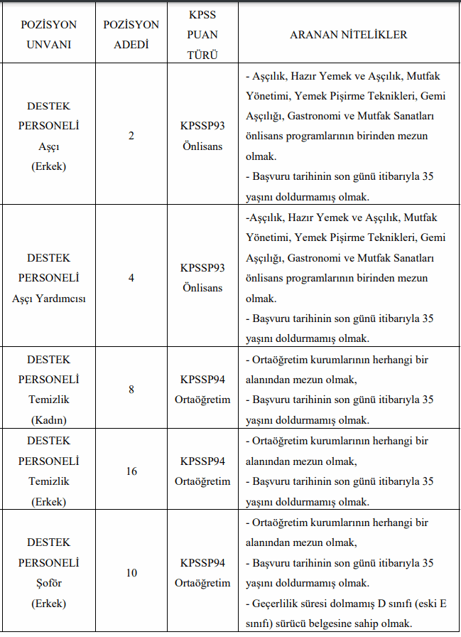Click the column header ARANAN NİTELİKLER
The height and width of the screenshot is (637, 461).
click(349, 34)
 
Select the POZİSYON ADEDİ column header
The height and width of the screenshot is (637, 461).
click(131, 34)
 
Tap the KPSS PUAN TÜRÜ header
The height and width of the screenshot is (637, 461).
click(202, 34)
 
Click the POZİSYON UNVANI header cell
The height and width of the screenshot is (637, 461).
click(49, 34)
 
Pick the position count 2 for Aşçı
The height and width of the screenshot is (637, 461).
click(131, 136)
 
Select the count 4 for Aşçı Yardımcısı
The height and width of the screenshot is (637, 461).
click(131, 278)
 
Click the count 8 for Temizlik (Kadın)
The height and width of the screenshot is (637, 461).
click(131, 390)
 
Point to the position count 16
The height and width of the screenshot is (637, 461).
click(131, 471)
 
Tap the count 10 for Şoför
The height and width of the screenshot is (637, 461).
click(131, 573)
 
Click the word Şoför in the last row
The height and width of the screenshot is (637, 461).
click(49, 584)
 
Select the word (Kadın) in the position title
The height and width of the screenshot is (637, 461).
click(49, 420)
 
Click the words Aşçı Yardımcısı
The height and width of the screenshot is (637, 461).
click(49, 299)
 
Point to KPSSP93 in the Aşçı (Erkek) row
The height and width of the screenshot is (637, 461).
click(202, 126)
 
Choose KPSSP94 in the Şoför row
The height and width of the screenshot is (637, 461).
click(202, 563)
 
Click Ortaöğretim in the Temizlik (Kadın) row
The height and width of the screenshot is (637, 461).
click(202, 400)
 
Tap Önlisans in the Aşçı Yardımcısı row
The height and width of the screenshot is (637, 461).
click(202, 288)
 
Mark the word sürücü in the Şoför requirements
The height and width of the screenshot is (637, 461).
click(308, 624)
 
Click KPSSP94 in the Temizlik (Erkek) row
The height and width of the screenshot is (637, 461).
click(202, 461)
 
